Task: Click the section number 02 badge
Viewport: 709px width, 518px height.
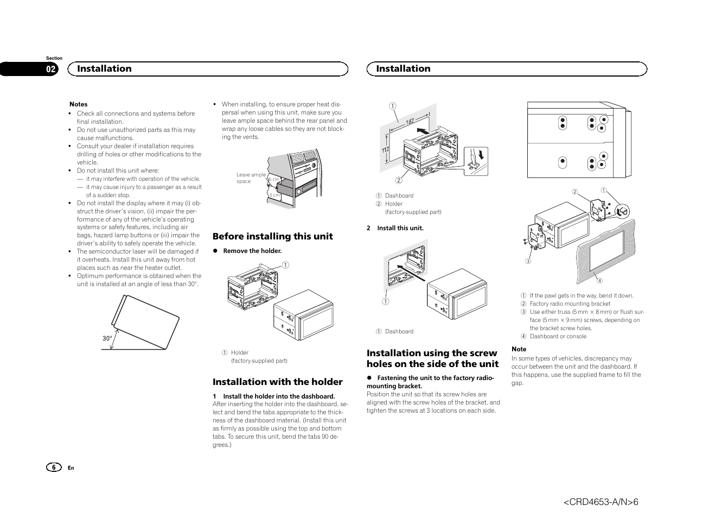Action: point(50,69)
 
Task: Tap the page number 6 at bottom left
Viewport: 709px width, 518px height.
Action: point(54,468)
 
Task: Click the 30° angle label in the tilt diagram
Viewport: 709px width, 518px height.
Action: point(107,338)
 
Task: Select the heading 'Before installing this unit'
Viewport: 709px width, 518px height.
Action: point(272,236)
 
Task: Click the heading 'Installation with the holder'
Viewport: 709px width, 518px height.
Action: point(277,382)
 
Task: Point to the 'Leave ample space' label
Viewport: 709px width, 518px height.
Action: point(251,178)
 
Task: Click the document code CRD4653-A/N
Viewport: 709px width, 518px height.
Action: point(601,502)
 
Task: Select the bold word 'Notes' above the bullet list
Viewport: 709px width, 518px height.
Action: point(78,104)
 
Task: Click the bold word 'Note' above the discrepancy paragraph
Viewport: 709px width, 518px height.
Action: point(519,349)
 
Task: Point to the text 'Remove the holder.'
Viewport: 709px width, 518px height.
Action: point(252,251)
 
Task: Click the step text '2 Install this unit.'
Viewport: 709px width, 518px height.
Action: point(395,228)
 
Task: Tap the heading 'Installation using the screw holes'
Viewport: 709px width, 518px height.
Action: point(432,358)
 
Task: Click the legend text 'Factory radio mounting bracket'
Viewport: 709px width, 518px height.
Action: point(570,304)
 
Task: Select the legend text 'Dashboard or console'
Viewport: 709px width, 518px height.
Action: point(558,336)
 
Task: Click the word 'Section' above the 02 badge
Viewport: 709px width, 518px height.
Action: point(54,58)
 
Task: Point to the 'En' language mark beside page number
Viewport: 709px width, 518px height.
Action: point(71,468)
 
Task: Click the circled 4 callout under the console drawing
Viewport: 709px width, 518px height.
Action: point(599,281)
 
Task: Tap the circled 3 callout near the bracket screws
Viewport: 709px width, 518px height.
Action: point(527,261)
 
